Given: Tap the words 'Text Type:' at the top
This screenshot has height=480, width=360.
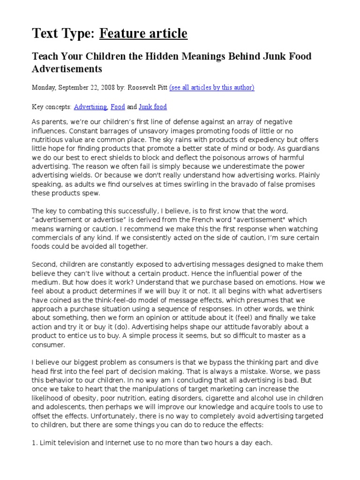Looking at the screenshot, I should tap(63, 33).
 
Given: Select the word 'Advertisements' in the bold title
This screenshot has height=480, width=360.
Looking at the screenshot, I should tap(67, 69).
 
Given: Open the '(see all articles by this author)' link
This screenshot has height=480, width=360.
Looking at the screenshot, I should tap(211, 88).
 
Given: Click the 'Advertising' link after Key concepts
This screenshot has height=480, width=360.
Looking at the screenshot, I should tap(90, 107).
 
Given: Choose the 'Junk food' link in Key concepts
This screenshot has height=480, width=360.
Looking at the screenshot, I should tap(153, 107).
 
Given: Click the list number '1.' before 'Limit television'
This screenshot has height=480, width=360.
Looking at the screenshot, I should tap(34, 442).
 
